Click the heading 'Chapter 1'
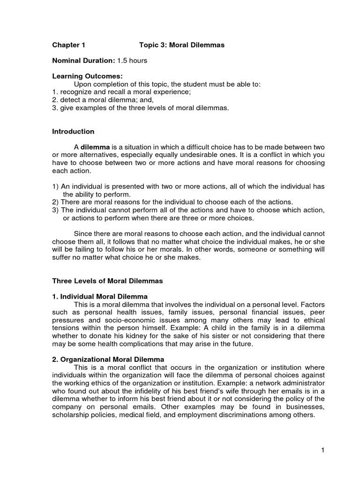(x=68, y=45)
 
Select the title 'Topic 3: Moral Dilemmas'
(x=182, y=45)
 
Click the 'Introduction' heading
(x=73, y=131)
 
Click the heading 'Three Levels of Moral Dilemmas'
(x=107, y=281)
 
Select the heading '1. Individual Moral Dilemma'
(x=100, y=297)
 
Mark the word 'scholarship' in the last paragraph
(x=71, y=416)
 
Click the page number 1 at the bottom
(x=323, y=450)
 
